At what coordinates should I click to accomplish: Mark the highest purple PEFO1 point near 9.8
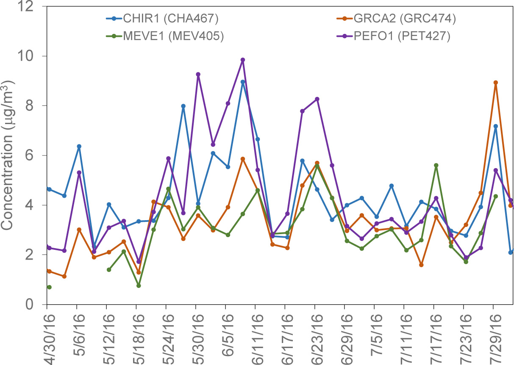coord(243,60)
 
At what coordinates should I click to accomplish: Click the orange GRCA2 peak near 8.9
coord(495,83)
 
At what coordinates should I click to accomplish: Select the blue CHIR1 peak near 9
coord(243,82)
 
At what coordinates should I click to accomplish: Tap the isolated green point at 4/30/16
coord(49,287)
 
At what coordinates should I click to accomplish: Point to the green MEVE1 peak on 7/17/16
coord(436,165)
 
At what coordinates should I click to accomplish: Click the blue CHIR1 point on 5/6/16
coord(79,147)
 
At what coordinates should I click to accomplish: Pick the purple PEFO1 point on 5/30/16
coord(198,75)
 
